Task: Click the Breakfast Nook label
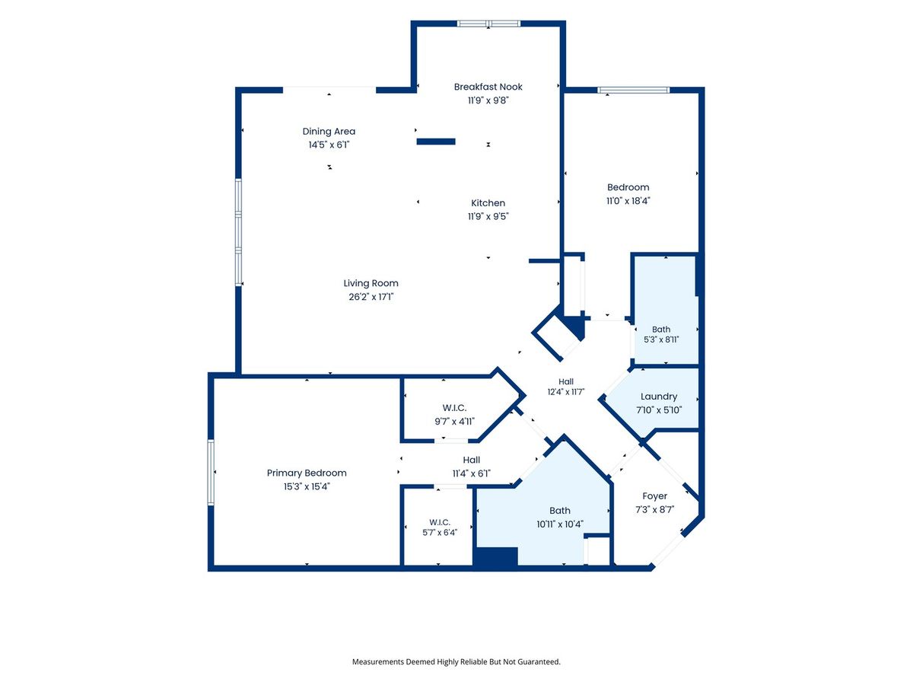pos(488,87)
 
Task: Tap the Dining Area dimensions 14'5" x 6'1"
pos(329,145)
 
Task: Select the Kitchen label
pos(488,203)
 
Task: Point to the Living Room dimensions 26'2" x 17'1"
pos(371,297)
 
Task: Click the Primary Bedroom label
pos(307,473)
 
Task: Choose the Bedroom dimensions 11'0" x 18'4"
pos(628,201)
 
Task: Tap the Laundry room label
pos(659,397)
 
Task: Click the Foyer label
pos(655,496)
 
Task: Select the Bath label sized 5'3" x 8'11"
pos(661,330)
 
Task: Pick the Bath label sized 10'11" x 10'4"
pos(560,511)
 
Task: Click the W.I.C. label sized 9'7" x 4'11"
pos(454,408)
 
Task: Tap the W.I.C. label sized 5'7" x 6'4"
pos(440,522)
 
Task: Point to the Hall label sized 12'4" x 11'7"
pos(566,382)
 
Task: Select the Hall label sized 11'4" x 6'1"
pos(471,460)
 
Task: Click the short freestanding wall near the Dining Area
pos(436,142)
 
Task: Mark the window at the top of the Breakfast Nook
pos(488,24)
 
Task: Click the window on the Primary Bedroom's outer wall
pos(211,473)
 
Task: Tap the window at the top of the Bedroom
pos(634,91)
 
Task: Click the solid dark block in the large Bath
pos(495,556)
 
